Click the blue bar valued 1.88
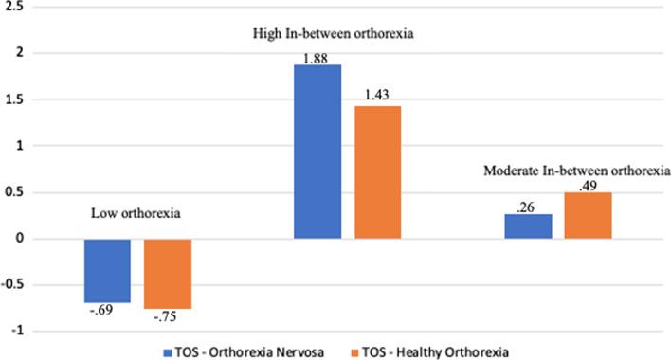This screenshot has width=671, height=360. (x=317, y=152)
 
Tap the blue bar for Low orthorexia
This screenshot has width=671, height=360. (x=107, y=270)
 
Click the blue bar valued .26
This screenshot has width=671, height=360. (x=528, y=226)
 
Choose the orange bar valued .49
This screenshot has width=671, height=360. (x=588, y=216)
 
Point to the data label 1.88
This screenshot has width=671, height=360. (x=316, y=58)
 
